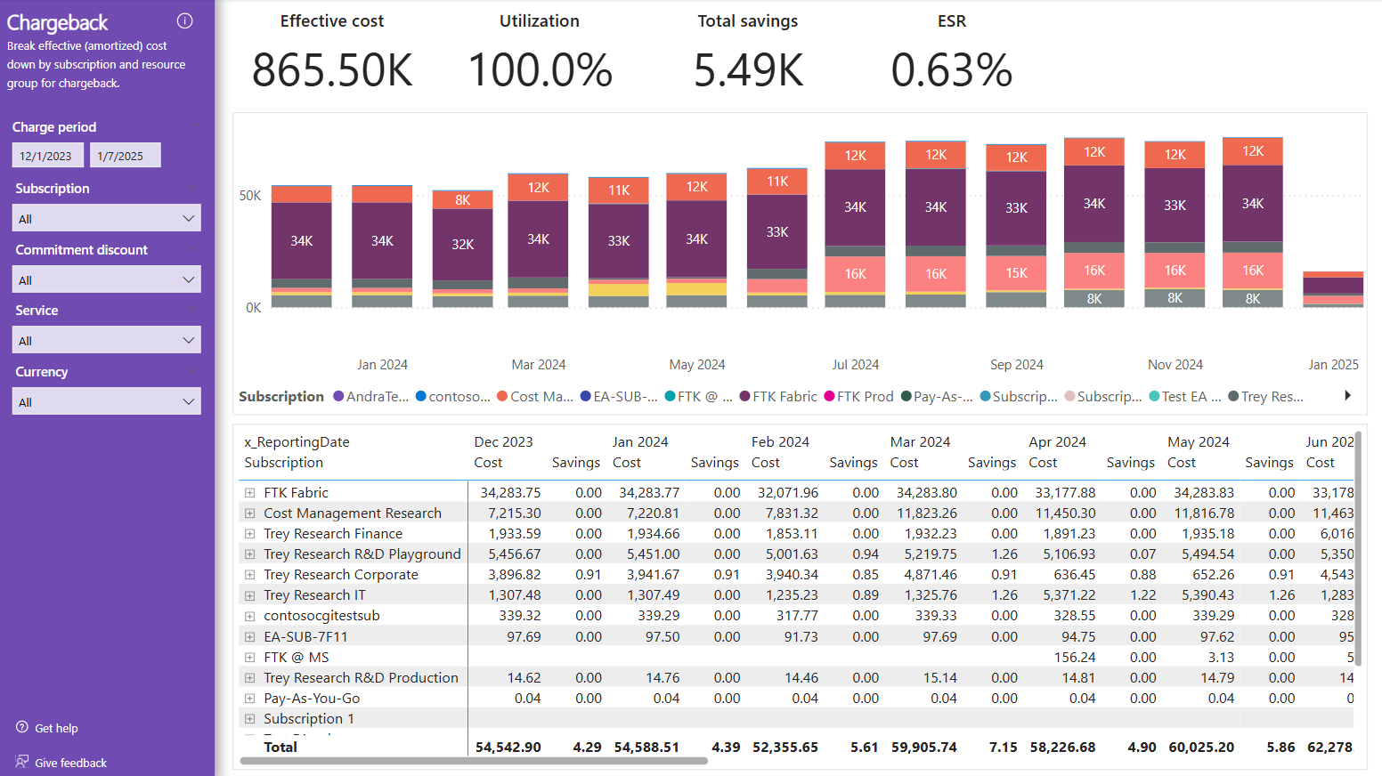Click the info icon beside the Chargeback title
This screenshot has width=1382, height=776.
pyautogui.click(x=185, y=21)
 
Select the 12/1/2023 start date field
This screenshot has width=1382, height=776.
pyautogui.click(x=47, y=156)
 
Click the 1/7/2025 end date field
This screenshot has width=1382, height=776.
pyautogui.click(x=125, y=156)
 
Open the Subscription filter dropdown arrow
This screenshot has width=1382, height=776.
pyautogui.click(x=188, y=218)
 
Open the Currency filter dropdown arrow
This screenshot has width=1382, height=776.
pyautogui.click(x=188, y=401)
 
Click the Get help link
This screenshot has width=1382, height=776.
pyautogui.click(x=55, y=728)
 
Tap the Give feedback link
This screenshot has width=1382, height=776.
pyautogui.click(x=69, y=763)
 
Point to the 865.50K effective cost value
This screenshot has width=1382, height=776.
pyautogui.click(x=332, y=70)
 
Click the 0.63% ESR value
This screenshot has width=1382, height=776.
pyautogui.click(x=951, y=70)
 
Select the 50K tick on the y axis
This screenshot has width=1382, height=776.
pyautogui.click(x=250, y=196)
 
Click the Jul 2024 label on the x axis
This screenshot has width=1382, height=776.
pyautogui.click(x=855, y=365)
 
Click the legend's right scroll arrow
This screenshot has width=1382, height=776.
pyautogui.click(x=1347, y=396)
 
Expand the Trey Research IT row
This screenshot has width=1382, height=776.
pyautogui.click(x=250, y=595)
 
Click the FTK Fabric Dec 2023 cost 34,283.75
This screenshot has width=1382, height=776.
pyautogui.click(x=510, y=493)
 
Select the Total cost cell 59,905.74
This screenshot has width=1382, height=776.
pyautogui.click(x=923, y=748)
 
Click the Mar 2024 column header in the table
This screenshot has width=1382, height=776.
pyautogui.click(x=920, y=442)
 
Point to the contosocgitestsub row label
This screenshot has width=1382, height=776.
pyautogui.click(x=321, y=616)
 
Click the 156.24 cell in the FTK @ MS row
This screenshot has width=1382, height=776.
pyautogui.click(x=1075, y=658)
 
